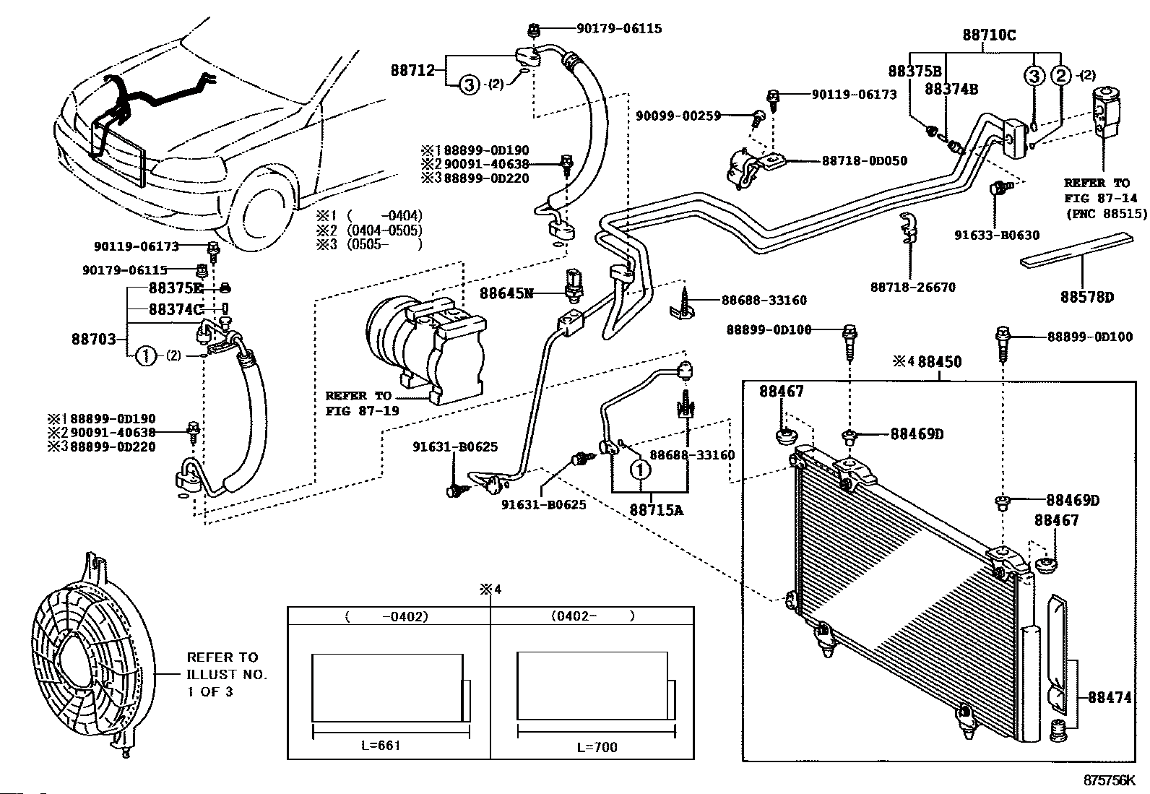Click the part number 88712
(412, 70)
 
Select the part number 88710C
(989, 34)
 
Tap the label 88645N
(506, 293)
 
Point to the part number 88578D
(1087, 297)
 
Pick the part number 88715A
(656, 509)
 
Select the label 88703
(93, 338)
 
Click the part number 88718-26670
(912, 287)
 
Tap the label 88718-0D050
(865, 160)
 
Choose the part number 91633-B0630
(997, 235)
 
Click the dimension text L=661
(381, 745)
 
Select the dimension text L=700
(597, 747)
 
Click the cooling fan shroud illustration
(87, 657)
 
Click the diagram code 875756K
(1110, 780)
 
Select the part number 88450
(939, 361)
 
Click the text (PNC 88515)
(1104, 213)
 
